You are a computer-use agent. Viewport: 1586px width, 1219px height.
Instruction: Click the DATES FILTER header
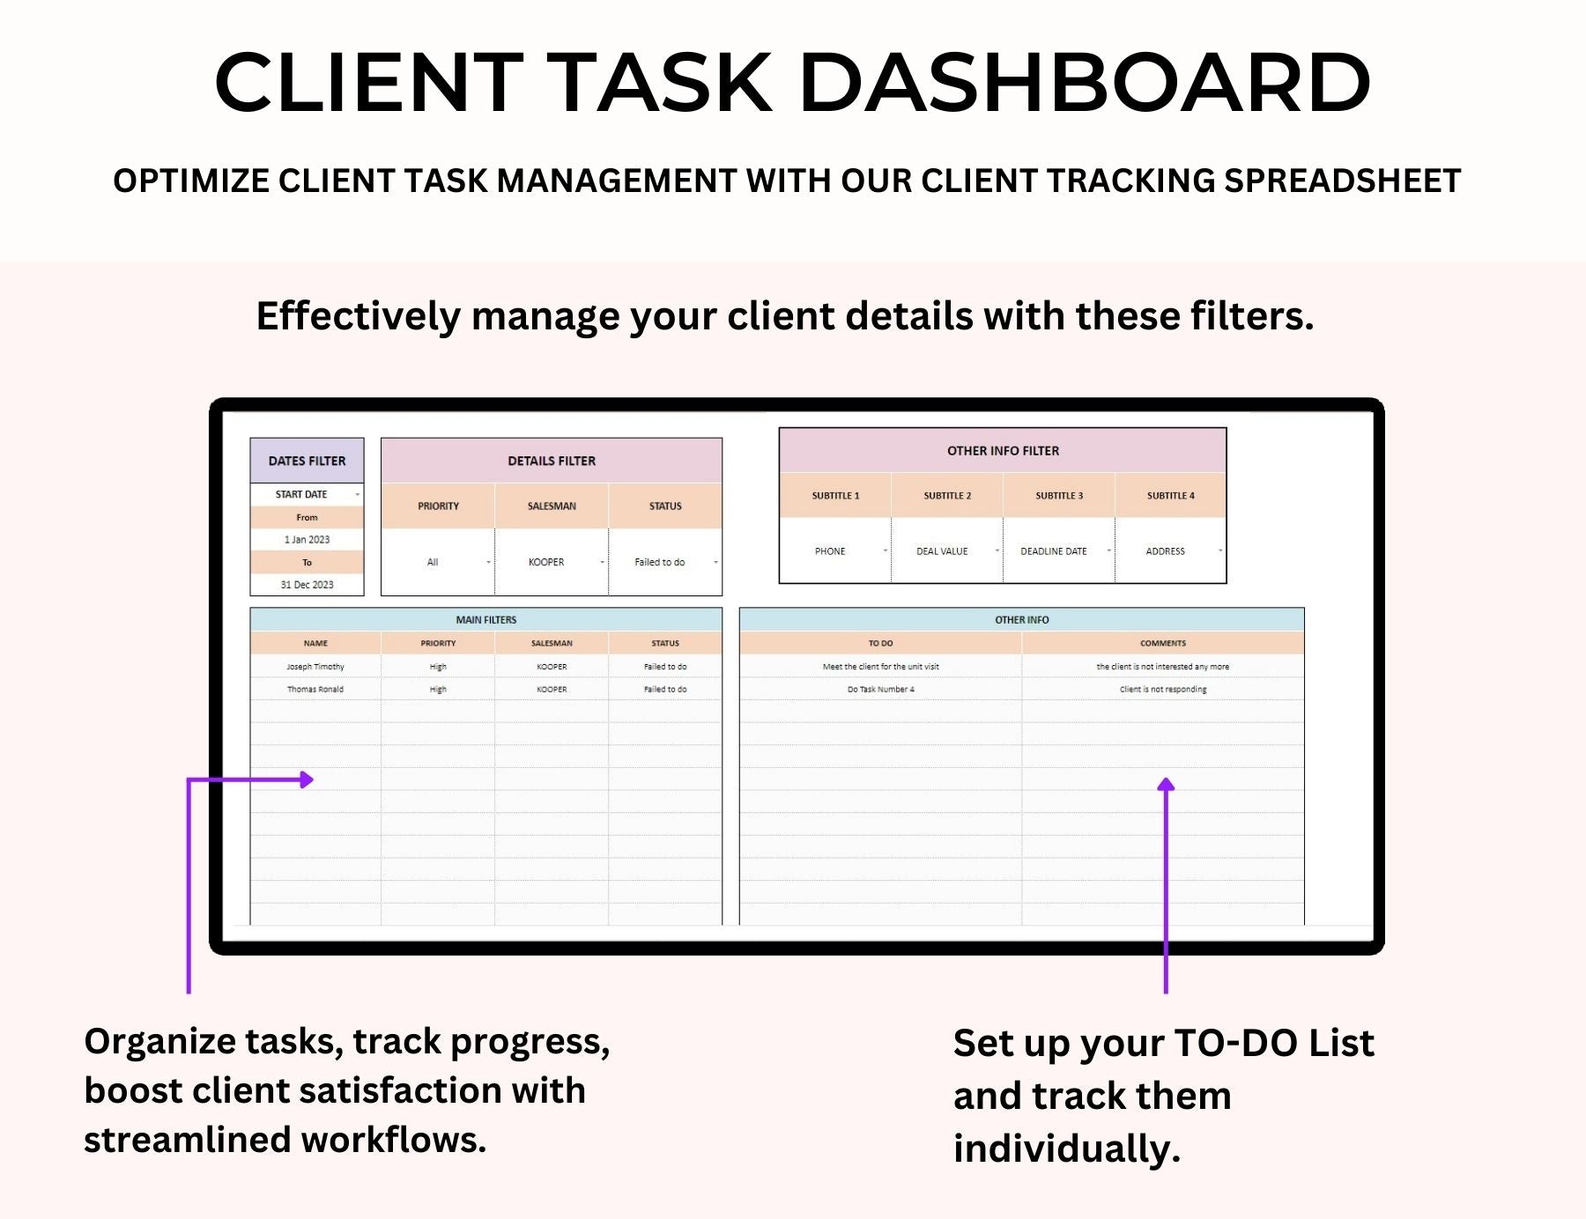coord(307,461)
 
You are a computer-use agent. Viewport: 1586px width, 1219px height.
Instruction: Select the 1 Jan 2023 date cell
coord(307,540)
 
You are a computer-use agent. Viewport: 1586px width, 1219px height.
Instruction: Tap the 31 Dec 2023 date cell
coord(307,585)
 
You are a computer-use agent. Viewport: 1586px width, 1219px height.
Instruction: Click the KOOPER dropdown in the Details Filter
coord(552,562)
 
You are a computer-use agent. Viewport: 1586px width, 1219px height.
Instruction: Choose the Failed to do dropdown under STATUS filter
coord(665,562)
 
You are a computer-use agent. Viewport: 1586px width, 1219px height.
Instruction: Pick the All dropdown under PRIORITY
coord(438,562)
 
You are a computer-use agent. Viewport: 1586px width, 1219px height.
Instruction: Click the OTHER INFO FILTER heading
coord(1003,451)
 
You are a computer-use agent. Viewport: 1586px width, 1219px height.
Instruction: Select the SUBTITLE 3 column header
coord(1059,496)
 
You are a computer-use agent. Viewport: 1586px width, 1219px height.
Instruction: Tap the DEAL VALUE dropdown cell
coord(947,551)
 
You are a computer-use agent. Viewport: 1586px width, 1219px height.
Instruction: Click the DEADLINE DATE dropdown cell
coord(1059,551)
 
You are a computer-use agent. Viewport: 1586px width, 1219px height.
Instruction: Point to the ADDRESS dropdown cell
coord(1170,551)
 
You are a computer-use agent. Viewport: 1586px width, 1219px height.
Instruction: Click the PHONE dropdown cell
coord(835,551)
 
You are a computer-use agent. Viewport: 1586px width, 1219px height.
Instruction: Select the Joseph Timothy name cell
coord(315,667)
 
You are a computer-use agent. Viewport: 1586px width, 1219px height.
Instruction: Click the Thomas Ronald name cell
coord(315,690)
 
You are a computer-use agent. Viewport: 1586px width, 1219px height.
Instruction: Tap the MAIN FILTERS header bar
coord(486,620)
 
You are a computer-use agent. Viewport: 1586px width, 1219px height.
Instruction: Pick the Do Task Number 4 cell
coord(880,690)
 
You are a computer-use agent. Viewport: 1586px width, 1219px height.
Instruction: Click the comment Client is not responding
coord(1163,690)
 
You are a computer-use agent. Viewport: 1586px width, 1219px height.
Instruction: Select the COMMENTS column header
coord(1163,644)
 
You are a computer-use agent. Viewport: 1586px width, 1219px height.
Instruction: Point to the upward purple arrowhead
coord(1166,784)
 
